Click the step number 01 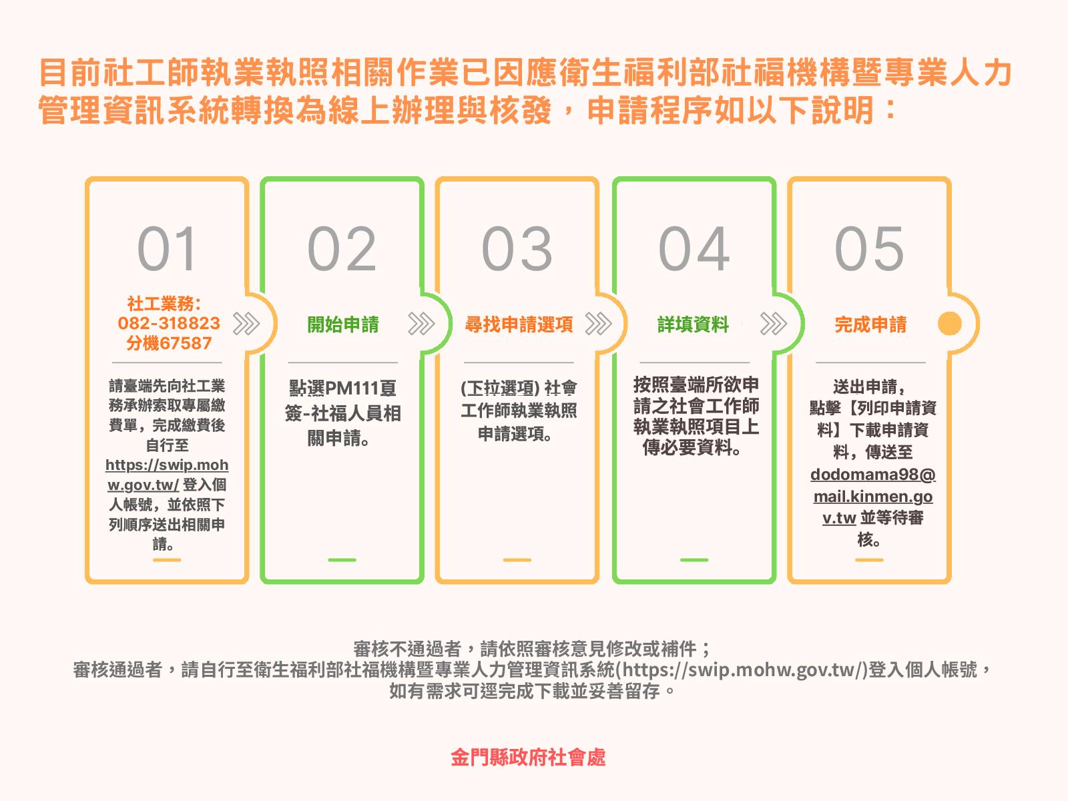167,248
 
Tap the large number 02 342,248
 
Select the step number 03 517,248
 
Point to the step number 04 694,248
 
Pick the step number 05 870,248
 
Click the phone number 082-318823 169,323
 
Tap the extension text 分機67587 169,343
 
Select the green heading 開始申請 343,324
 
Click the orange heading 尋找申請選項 519,324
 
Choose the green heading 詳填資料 694,324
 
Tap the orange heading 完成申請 870,324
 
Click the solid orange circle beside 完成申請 950,324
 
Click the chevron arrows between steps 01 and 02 246,324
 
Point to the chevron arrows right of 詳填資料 774,324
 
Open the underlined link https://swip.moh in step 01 167,465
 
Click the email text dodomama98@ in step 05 873,475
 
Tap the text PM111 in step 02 352,388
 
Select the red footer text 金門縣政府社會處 528,757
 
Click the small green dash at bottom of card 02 342,560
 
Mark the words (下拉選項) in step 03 500,388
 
